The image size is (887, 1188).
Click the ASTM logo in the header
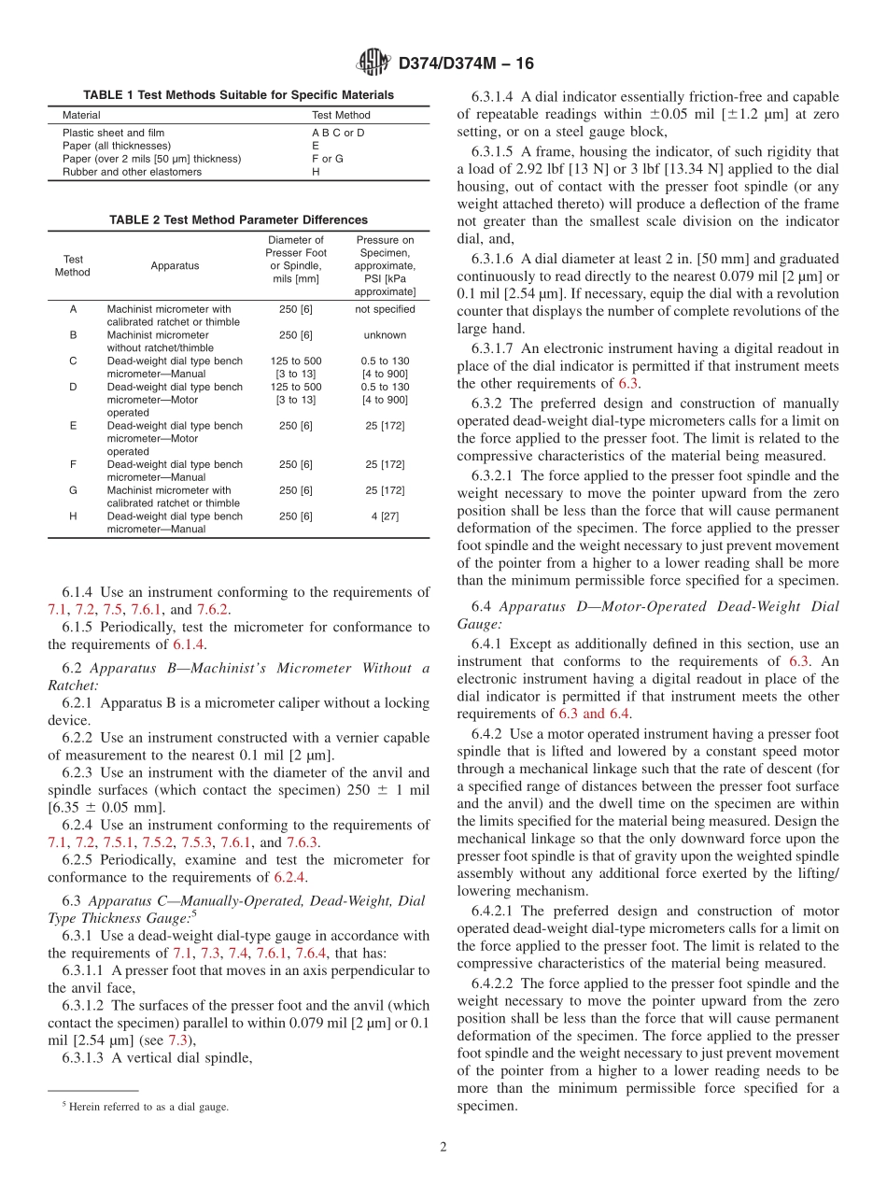[x=373, y=63]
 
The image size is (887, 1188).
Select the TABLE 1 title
[x=238, y=95]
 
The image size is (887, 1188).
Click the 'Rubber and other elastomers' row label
[x=132, y=172]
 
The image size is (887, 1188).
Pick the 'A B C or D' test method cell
[x=338, y=133]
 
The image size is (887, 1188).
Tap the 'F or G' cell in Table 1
[x=327, y=159]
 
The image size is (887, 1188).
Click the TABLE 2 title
[x=238, y=220]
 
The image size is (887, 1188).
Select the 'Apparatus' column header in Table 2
[x=175, y=265]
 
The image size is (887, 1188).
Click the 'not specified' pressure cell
[x=385, y=309]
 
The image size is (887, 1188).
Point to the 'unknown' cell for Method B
[x=385, y=335]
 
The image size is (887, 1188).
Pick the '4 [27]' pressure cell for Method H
[x=385, y=516]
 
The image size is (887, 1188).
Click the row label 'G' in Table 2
[x=73, y=490]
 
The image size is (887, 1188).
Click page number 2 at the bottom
[x=443, y=1148]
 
